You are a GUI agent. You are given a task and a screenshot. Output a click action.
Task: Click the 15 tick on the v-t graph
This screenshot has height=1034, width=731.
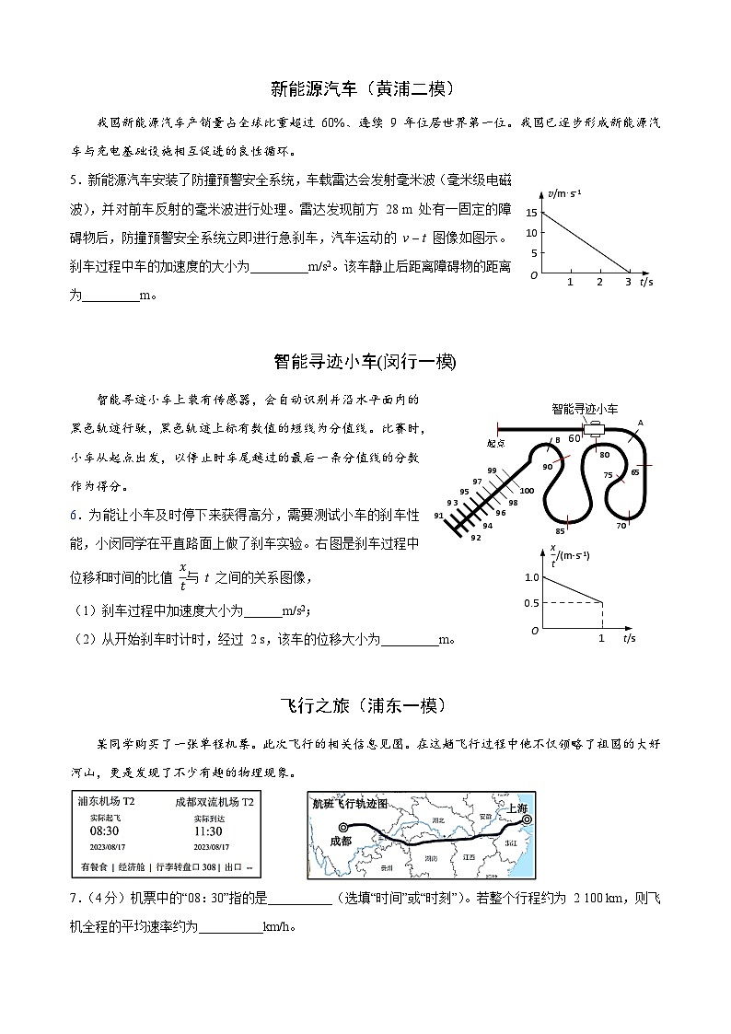(531, 213)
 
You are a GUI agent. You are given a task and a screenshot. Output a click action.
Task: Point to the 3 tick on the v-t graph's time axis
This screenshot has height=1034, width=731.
(628, 282)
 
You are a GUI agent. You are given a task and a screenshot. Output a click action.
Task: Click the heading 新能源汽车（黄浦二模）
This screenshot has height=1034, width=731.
(365, 88)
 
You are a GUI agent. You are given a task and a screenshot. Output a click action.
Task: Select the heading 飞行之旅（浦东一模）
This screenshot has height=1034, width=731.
(365, 705)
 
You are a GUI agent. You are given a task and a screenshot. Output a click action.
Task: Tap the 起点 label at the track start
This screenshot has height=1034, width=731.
(498, 442)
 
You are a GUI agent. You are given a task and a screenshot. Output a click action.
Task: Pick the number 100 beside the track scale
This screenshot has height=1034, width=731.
(527, 491)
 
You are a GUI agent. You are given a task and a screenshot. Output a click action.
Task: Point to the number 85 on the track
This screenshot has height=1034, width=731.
(560, 531)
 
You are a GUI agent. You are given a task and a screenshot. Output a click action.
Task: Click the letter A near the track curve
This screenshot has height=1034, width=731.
(640, 423)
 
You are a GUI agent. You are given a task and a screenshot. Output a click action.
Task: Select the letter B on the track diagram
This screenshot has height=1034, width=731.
(557, 441)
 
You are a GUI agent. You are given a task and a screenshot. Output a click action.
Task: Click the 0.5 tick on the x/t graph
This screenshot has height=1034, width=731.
(531, 603)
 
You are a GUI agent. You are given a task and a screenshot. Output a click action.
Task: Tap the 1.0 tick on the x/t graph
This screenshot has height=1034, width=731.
(531, 577)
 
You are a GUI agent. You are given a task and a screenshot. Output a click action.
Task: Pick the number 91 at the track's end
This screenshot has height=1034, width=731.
(439, 517)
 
